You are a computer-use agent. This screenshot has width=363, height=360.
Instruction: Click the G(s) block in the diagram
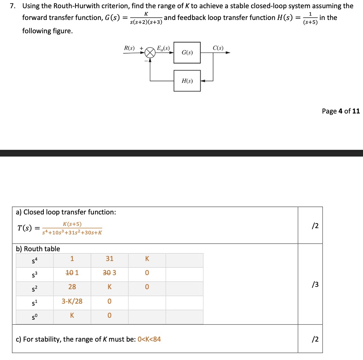[187, 52]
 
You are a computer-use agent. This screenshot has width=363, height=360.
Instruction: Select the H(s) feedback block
[187, 81]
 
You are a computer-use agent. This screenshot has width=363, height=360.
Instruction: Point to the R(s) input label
[129, 48]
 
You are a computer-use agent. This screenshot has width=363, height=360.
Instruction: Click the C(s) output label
[218, 48]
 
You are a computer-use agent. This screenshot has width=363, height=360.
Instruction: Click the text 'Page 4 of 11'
[341, 111]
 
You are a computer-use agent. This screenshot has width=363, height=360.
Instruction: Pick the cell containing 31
[110, 259]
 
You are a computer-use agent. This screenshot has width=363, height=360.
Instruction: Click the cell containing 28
[72, 287]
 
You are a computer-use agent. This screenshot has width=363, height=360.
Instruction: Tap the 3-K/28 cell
[72, 301]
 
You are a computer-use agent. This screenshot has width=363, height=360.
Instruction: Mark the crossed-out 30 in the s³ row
[106, 273]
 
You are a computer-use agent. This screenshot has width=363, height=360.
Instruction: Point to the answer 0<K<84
[149, 339]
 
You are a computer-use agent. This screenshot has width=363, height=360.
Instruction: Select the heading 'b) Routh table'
[38, 249]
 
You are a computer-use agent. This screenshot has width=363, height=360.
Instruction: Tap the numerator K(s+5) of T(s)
[72, 224]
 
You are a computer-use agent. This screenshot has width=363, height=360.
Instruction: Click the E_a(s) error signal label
[163, 48]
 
